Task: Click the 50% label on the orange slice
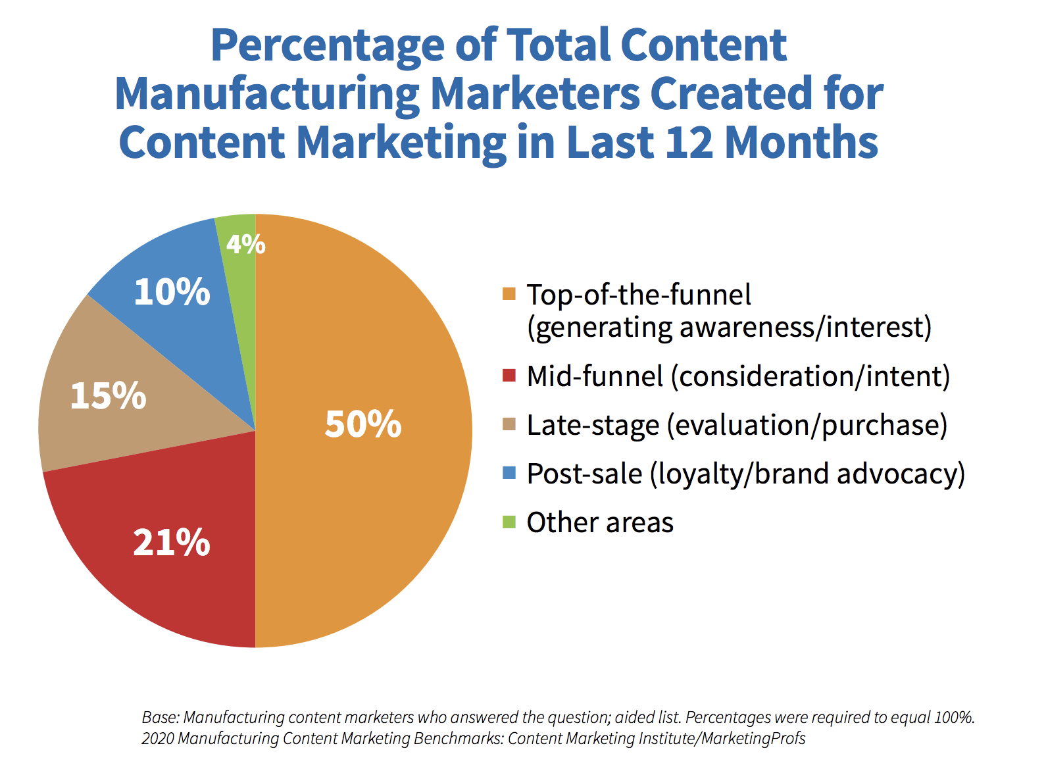pyautogui.click(x=362, y=424)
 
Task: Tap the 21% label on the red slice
pyautogui.click(x=172, y=543)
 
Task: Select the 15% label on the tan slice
pyautogui.click(x=108, y=396)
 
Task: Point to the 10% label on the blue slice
pyautogui.click(x=172, y=291)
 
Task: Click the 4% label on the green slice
pyautogui.click(x=245, y=245)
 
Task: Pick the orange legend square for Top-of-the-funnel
pyautogui.click(x=509, y=294)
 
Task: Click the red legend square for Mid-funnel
pyautogui.click(x=509, y=376)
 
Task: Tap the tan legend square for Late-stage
pyautogui.click(x=509, y=424)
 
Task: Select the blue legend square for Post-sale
pyautogui.click(x=509, y=473)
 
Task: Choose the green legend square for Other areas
pyautogui.click(x=509, y=522)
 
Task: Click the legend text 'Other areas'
pyautogui.click(x=600, y=522)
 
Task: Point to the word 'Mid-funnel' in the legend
pyautogui.click(x=595, y=376)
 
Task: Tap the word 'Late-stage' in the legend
pyautogui.click(x=593, y=425)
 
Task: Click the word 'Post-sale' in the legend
pyautogui.click(x=584, y=474)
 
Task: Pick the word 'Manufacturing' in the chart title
pyautogui.click(x=266, y=93)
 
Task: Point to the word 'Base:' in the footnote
pyautogui.click(x=161, y=717)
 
